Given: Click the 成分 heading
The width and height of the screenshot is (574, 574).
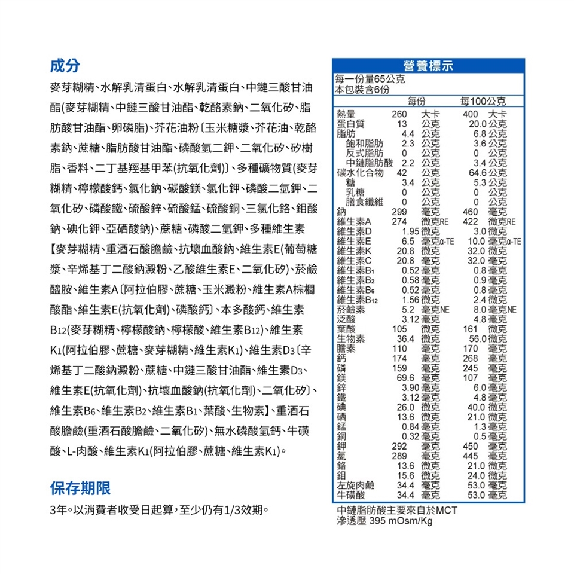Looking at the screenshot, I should [x=63, y=66].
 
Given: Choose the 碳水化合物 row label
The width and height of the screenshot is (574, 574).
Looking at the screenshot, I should [x=360, y=173].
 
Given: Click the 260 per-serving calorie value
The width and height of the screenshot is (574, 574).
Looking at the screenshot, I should [x=399, y=114].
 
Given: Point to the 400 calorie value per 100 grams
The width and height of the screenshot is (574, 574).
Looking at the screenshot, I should [x=471, y=114].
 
